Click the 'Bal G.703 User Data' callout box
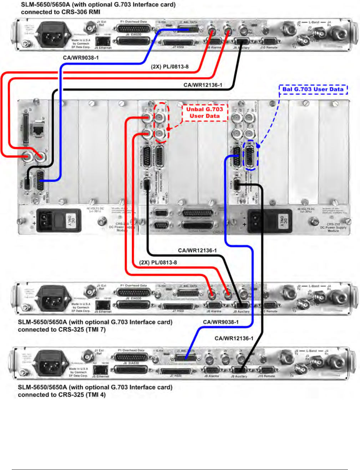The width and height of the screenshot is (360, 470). point(313,89)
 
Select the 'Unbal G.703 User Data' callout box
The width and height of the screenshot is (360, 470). point(204,112)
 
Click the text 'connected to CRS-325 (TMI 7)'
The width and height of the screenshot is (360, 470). point(62,329)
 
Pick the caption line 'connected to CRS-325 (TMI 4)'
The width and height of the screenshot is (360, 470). point(62,395)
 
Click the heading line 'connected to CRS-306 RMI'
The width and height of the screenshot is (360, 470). point(60,12)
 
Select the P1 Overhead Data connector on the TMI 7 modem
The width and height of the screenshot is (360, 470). point(134,292)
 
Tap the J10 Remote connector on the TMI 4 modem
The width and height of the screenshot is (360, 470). point(267,370)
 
